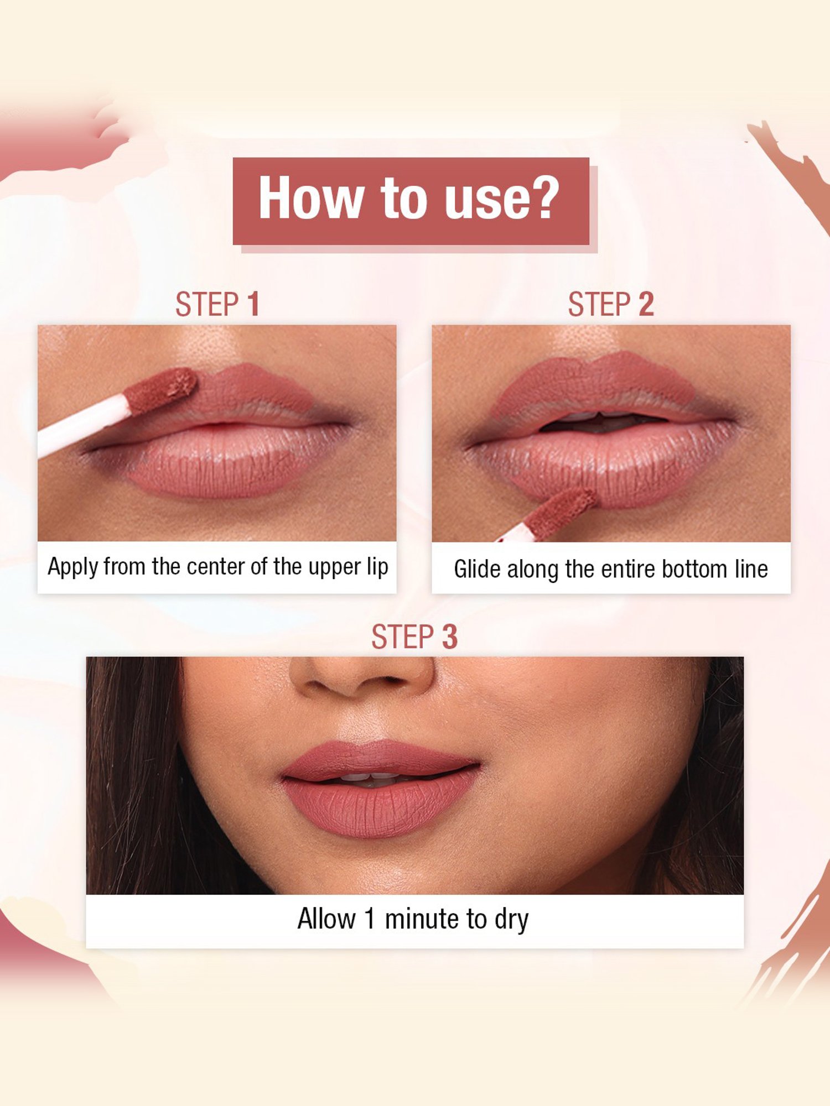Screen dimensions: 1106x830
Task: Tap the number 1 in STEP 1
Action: tap(253, 305)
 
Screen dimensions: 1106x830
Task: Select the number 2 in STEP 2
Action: tap(646, 305)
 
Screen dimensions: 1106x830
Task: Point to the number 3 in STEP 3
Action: tap(449, 637)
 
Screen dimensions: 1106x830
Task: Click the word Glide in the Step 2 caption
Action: tap(477, 569)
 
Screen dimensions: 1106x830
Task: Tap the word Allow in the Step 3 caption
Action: tap(326, 919)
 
